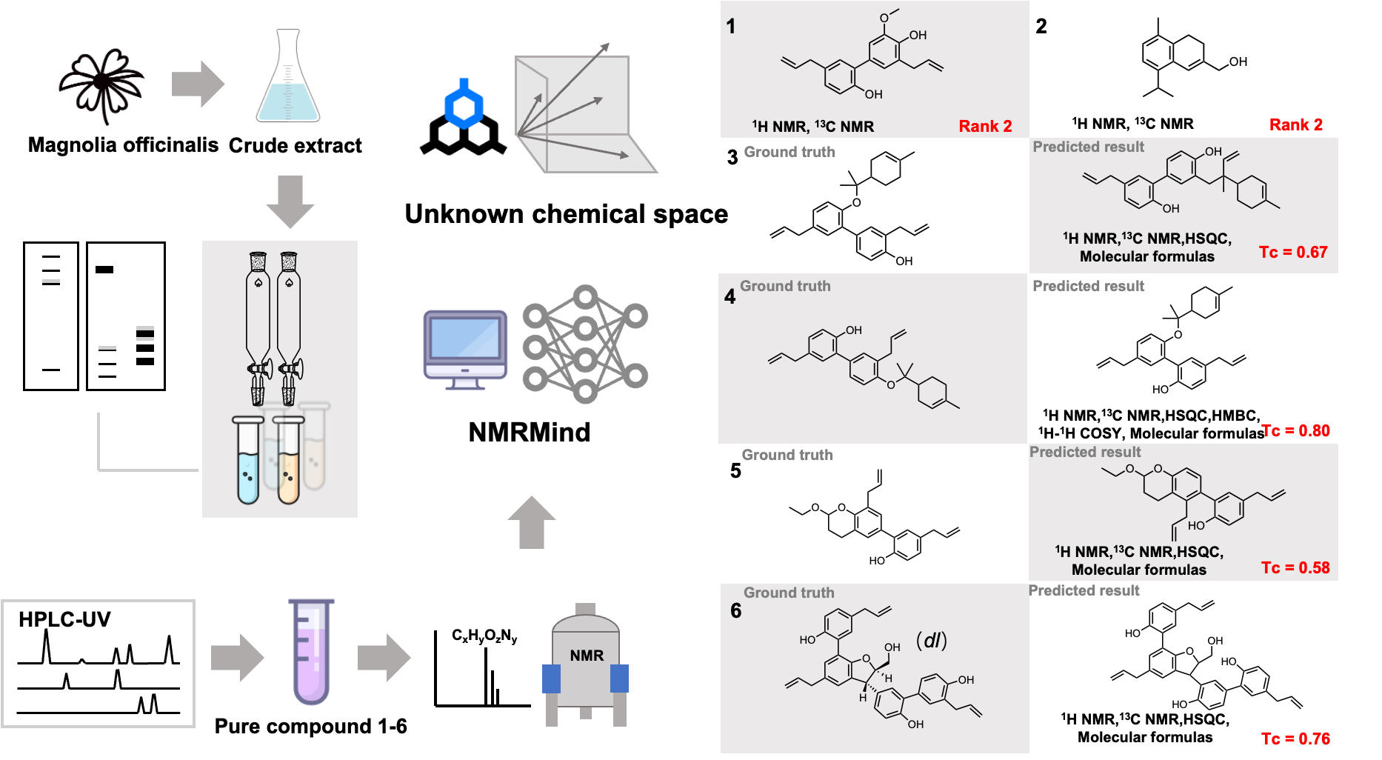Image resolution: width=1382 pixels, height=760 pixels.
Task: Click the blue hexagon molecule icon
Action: pos(464,104)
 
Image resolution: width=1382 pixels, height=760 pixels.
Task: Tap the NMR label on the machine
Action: pos(587,656)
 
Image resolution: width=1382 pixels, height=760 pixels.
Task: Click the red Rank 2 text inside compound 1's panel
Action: pos(985,126)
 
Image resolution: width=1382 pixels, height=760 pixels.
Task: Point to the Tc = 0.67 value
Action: pos(1293,252)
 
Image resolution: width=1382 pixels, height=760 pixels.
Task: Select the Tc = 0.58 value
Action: pos(1295,567)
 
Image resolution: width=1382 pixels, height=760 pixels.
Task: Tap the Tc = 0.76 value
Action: pos(1295,739)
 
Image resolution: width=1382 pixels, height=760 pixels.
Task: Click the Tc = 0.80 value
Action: pos(1295,430)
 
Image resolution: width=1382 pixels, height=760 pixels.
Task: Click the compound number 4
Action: pos(730,297)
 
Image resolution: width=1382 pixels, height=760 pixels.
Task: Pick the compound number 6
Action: pos(735,610)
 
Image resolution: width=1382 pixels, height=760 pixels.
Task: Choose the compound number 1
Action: pos(731,27)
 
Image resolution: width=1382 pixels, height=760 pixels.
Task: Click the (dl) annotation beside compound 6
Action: pos(932,640)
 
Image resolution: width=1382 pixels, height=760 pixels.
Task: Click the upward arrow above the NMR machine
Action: pos(532,522)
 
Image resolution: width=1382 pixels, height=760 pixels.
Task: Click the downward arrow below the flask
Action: pos(290,201)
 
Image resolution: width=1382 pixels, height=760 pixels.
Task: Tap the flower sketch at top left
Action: pos(102,84)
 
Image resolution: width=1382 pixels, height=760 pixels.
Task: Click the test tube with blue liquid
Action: pos(248,461)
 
